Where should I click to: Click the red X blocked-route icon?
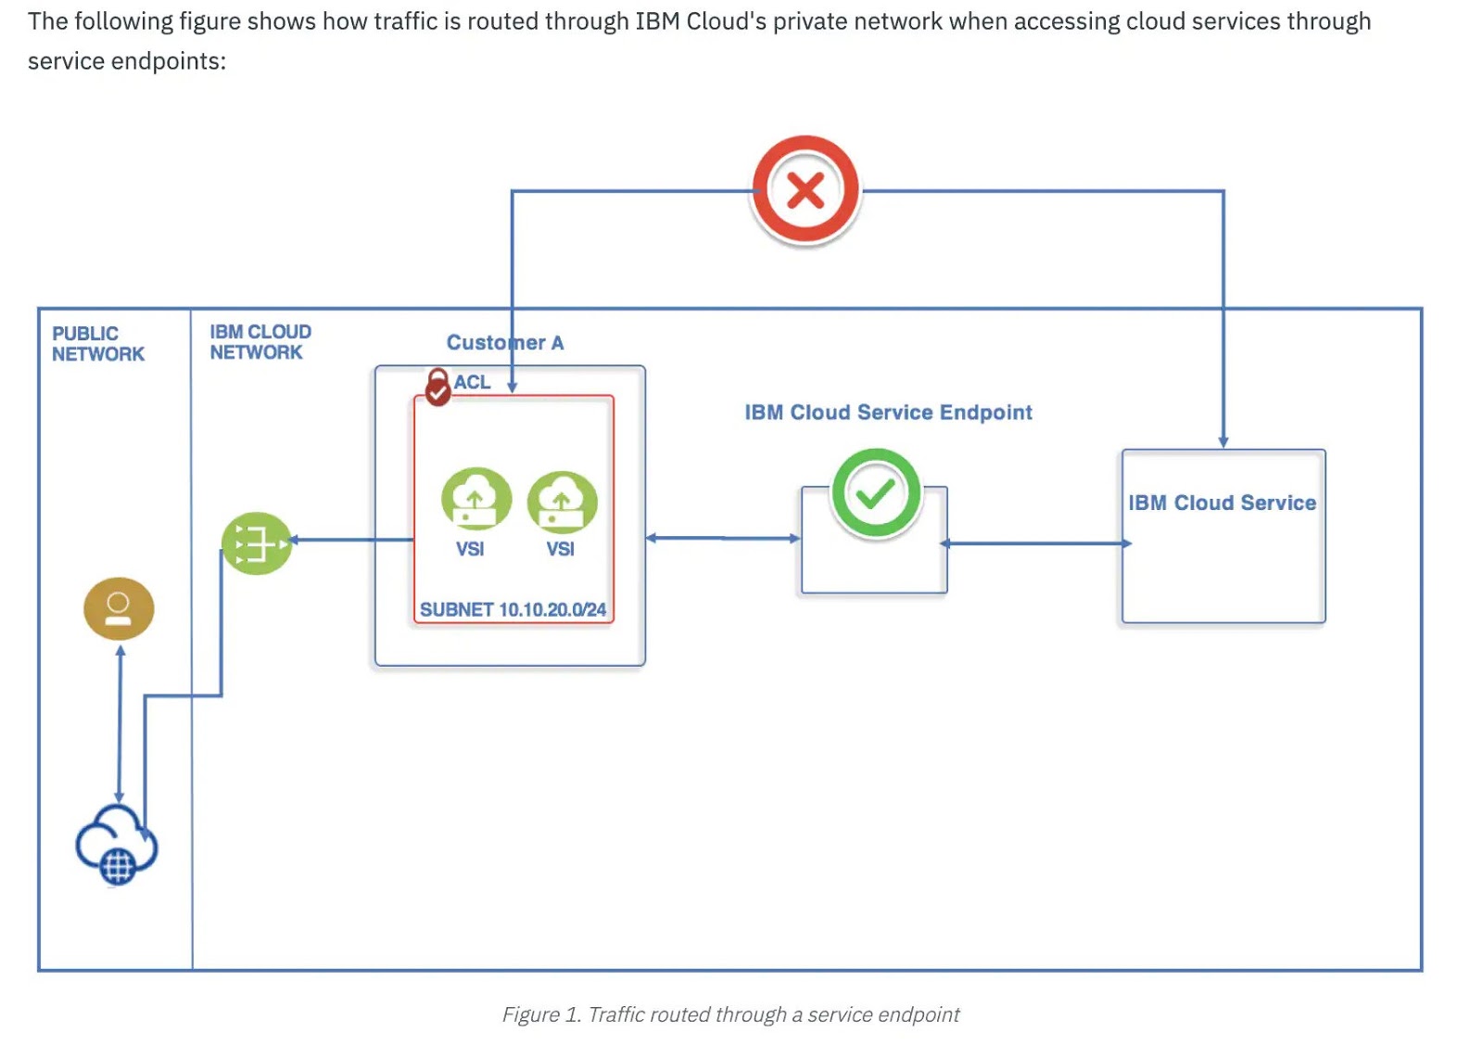coord(805,191)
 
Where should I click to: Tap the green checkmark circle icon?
coord(875,493)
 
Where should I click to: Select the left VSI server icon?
coord(475,499)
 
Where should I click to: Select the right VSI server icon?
coord(562,501)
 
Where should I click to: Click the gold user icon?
coord(119,608)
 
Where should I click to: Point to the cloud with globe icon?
coord(117,844)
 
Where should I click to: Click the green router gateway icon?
coord(257,543)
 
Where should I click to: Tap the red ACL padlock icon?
coord(437,388)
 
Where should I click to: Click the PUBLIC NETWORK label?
coord(97,344)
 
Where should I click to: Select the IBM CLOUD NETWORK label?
coord(260,342)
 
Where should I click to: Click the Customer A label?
coord(504,343)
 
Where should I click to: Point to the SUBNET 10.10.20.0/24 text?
coord(513,609)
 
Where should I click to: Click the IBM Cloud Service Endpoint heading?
coord(888,413)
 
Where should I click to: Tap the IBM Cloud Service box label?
coord(1222,503)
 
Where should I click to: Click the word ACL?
coord(472,382)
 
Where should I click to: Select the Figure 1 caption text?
coord(730,1014)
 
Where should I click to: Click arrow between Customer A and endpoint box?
coord(723,538)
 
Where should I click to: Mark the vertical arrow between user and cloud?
coord(120,723)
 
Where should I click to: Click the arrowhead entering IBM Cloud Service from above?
coord(1223,441)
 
